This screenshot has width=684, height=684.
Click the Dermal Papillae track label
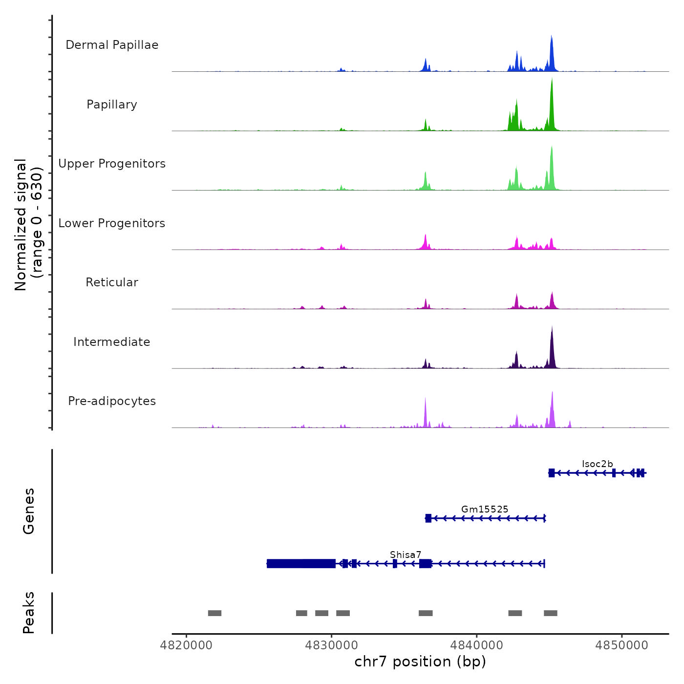tap(112, 45)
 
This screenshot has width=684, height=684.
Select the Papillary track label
tap(112, 105)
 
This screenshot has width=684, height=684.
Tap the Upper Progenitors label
tap(112, 164)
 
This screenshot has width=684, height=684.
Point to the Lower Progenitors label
tap(112, 223)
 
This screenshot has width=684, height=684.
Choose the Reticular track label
tap(112, 282)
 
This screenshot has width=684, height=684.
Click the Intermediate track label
tap(112, 342)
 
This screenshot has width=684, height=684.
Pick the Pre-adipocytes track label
tap(112, 401)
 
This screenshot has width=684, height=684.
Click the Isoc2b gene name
tap(597, 464)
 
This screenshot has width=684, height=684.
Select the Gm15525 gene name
tap(485, 509)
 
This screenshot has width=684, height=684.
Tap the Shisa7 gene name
tap(406, 555)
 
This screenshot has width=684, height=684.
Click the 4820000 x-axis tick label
tap(186, 645)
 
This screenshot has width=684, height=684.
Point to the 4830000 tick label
tap(332, 645)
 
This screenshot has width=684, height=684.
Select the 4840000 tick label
tap(477, 645)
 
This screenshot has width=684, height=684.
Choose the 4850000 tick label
tap(622, 645)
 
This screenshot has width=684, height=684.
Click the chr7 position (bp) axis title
tap(420, 662)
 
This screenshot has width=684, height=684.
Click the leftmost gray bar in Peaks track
tap(214, 613)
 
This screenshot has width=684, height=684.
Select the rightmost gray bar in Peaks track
tap(551, 613)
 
